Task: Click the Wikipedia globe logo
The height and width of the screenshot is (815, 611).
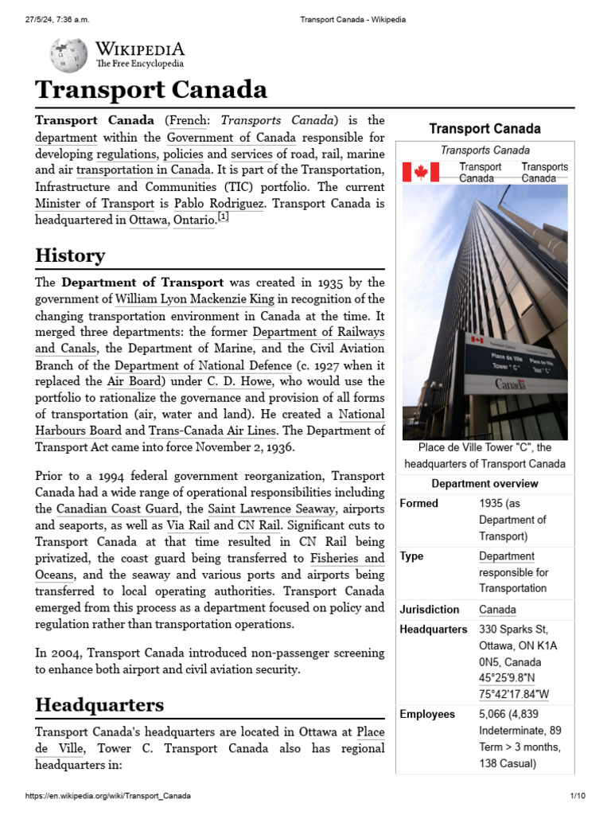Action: (x=68, y=55)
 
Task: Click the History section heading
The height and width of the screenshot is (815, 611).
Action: (x=70, y=255)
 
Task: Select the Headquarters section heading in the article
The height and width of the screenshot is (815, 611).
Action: (x=99, y=704)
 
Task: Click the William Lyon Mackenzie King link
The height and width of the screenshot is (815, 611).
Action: (x=194, y=299)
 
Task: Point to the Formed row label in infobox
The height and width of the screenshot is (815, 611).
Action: (x=418, y=504)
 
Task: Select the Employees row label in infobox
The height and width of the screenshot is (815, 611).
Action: (x=427, y=714)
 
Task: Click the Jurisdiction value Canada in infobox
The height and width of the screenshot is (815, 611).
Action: (x=497, y=610)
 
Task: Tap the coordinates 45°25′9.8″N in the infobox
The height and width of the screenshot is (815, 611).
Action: (x=513, y=678)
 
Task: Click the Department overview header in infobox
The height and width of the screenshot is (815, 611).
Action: (x=485, y=484)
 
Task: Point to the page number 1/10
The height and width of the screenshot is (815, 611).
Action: (x=577, y=796)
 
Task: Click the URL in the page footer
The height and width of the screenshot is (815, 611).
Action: (x=108, y=796)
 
